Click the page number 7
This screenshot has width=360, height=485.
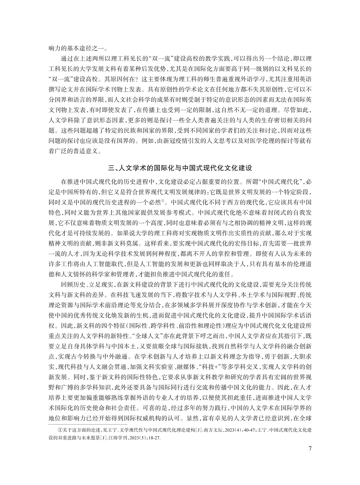(310, 448)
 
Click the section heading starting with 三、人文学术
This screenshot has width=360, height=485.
(180, 167)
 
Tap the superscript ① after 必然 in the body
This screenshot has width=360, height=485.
(163, 201)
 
